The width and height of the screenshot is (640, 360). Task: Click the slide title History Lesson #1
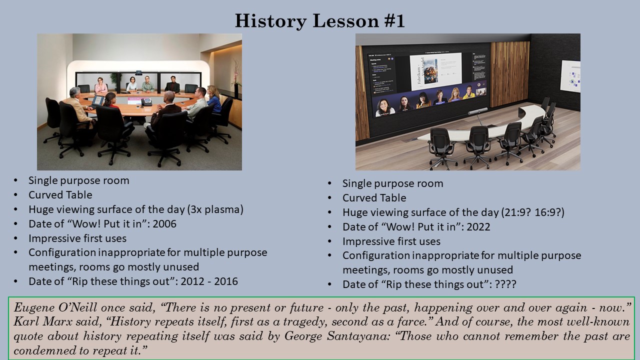coord(319,21)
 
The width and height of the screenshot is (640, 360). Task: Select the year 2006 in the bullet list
coord(164,223)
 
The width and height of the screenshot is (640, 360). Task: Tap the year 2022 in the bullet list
coord(478,226)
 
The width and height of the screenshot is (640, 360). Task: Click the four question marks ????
coord(505,284)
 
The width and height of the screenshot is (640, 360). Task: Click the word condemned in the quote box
coord(36,350)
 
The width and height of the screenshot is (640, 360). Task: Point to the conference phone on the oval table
coord(146,102)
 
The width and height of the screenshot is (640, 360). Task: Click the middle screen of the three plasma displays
coord(138,83)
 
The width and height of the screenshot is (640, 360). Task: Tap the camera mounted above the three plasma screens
coord(138,71)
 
